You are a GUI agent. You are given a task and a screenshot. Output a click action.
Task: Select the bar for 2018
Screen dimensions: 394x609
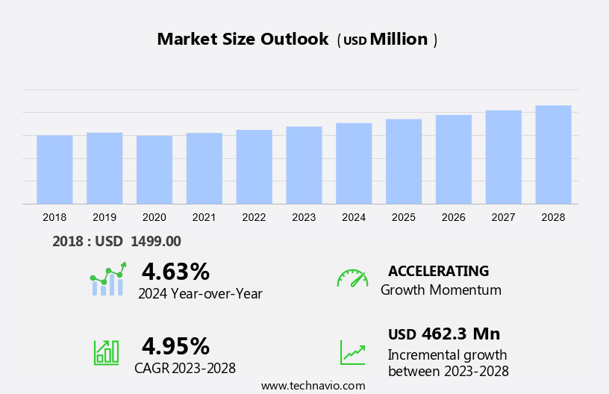[54, 169]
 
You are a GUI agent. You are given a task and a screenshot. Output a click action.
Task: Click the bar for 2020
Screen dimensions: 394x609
[154, 169]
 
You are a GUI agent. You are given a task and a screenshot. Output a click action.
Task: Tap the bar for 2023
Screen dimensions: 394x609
[304, 165]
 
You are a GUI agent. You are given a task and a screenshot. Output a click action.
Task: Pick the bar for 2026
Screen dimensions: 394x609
[454, 159]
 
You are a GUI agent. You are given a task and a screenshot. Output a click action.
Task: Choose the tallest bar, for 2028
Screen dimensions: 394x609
[553, 154]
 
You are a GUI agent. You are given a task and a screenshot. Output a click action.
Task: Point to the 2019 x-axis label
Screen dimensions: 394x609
[104, 217]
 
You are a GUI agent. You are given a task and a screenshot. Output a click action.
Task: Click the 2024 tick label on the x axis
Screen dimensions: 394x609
[354, 217]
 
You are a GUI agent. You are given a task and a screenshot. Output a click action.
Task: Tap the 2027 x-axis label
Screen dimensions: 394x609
[503, 217]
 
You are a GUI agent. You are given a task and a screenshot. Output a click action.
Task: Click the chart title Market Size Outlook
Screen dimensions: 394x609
[243, 40]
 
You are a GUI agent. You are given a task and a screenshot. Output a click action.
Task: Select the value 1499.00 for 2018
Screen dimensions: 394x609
[156, 241]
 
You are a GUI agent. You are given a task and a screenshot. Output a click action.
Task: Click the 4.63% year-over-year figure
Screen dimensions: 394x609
[175, 271]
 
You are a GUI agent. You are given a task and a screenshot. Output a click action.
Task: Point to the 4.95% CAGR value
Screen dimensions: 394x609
[175, 345]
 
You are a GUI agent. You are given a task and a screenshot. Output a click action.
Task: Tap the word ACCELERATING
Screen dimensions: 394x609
[439, 271]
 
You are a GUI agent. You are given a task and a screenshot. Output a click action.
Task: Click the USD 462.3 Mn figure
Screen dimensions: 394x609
[444, 334]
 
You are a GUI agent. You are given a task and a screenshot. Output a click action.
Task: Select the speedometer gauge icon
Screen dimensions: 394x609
[352, 278]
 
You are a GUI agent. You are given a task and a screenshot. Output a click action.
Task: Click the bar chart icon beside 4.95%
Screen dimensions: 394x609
[106, 352]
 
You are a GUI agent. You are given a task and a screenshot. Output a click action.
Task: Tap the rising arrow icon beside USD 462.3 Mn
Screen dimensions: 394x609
[352, 352]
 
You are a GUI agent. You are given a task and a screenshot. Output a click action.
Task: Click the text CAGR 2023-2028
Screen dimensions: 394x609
[185, 368]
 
